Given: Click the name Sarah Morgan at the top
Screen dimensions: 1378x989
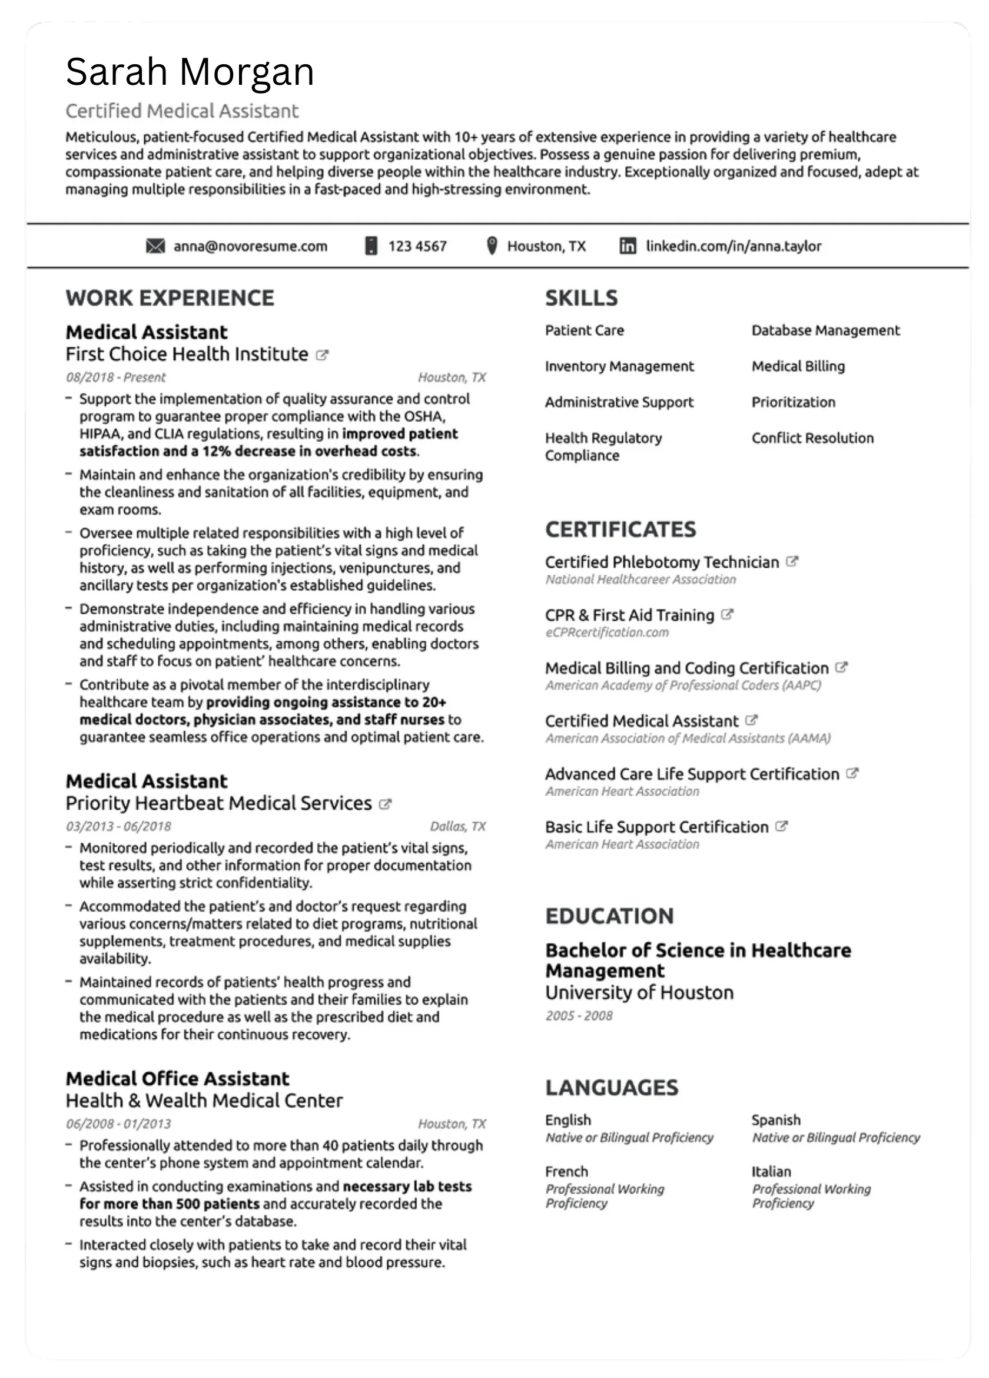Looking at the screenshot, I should (x=190, y=72).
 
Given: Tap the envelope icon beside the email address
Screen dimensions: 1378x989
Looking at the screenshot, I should (x=155, y=246).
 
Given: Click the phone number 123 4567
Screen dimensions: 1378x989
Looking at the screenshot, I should (x=417, y=246).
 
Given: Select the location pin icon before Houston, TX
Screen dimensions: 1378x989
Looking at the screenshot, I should (x=492, y=246).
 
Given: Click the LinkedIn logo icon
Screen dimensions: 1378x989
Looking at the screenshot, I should (x=628, y=246).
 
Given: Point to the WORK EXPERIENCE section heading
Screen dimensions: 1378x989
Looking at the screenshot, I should (x=170, y=298).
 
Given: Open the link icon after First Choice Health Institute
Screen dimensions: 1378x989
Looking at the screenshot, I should (x=323, y=355).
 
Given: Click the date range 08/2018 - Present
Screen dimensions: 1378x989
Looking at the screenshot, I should (x=115, y=377).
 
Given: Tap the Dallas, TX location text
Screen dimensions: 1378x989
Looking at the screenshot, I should (x=457, y=826).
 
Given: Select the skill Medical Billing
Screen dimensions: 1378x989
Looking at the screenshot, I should (x=798, y=366).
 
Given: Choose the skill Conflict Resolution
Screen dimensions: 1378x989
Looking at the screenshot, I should (x=812, y=438).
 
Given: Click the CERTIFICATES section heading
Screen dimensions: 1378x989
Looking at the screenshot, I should (x=620, y=529).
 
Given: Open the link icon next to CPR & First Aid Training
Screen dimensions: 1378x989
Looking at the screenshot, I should (x=727, y=614).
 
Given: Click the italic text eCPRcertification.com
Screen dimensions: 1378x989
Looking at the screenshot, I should (x=607, y=632).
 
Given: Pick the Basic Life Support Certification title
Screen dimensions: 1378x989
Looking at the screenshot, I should (x=656, y=827).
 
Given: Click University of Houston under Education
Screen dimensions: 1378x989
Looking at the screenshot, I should (x=639, y=993).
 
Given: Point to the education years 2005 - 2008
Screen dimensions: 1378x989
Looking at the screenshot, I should (x=579, y=1016).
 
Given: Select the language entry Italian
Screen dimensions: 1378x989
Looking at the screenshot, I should (x=771, y=1171).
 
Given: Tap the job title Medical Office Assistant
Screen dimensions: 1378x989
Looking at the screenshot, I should (x=177, y=1078).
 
